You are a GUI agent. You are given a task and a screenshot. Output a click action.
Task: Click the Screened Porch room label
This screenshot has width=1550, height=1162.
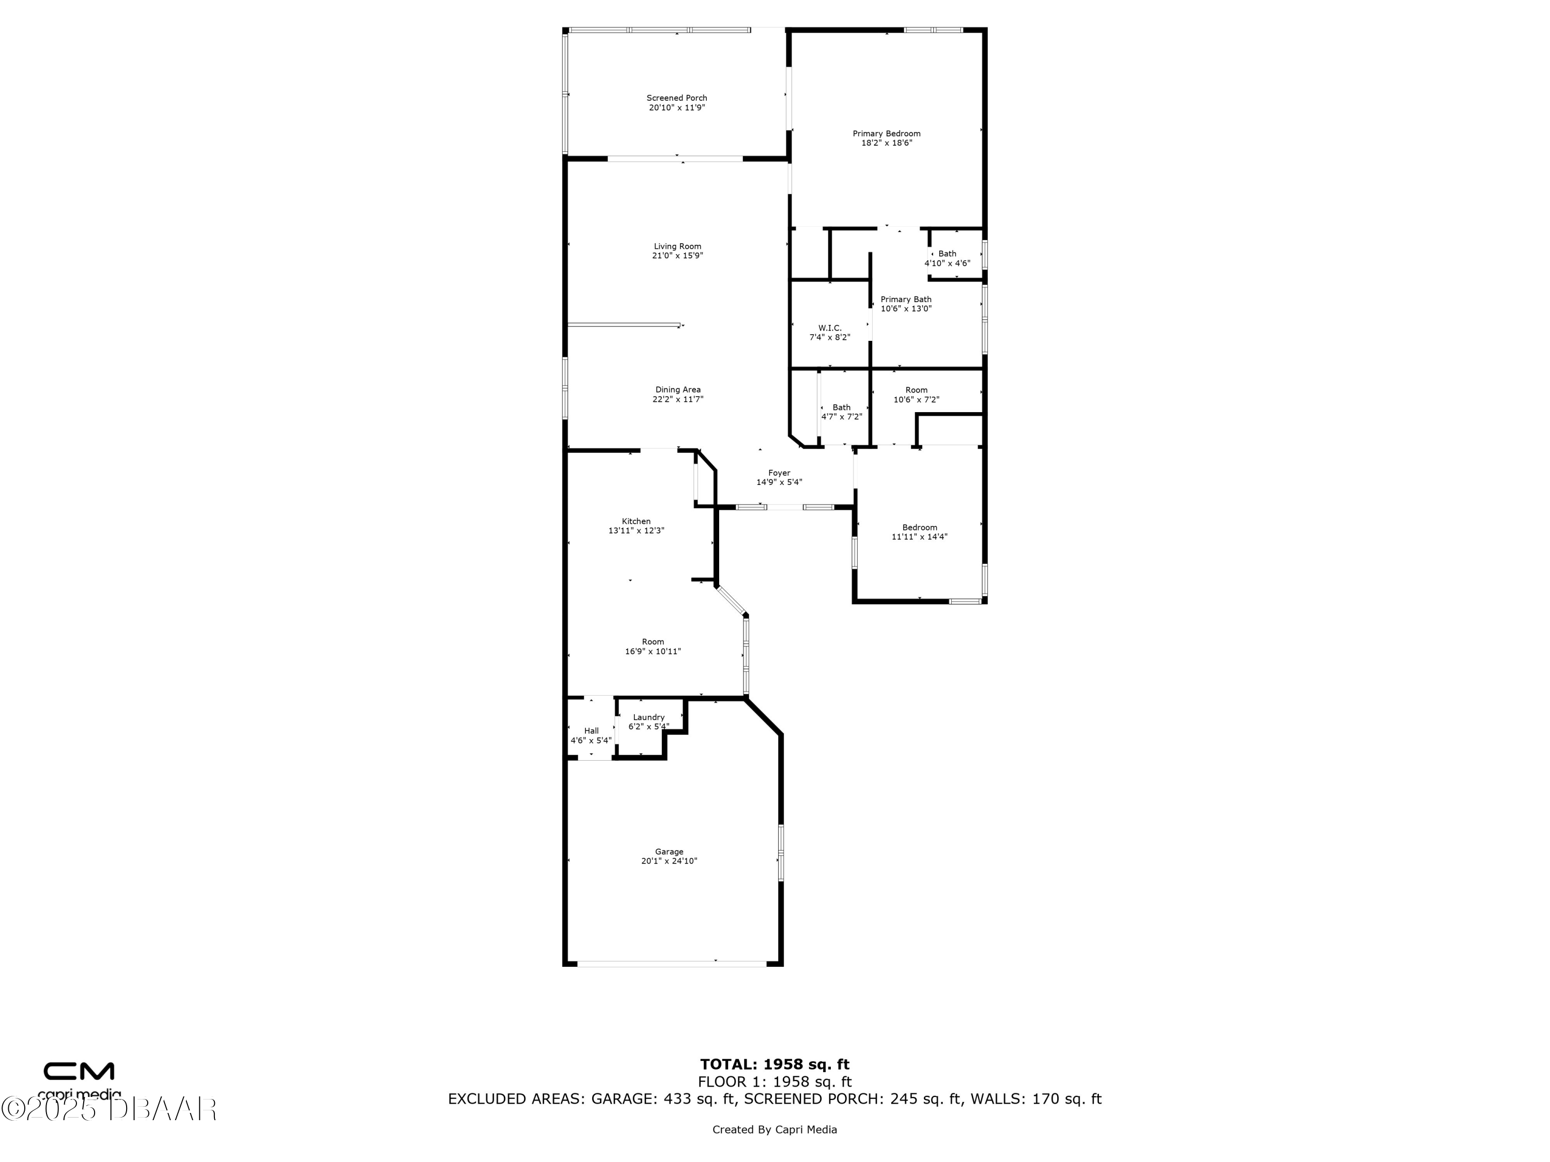click(x=676, y=98)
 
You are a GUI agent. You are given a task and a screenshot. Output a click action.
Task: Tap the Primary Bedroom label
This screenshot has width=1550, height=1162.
click(x=887, y=134)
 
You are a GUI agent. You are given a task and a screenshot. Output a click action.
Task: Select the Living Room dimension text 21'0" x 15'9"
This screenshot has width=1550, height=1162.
click(x=677, y=256)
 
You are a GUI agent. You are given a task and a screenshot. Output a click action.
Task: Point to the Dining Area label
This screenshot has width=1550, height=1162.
click(x=677, y=389)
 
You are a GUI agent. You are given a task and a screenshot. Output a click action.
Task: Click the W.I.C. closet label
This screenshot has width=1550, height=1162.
click(x=830, y=328)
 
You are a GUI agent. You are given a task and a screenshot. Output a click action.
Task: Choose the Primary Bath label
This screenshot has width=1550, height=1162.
click(x=906, y=299)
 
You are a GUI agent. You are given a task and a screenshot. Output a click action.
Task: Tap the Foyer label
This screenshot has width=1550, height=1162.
click(x=779, y=473)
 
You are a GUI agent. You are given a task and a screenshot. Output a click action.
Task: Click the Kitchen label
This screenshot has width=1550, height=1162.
click(x=636, y=521)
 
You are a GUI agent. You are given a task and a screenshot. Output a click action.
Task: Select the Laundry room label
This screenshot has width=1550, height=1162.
click(x=648, y=717)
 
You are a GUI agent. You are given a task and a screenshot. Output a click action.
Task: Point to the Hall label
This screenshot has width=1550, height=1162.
click(x=592, y=731)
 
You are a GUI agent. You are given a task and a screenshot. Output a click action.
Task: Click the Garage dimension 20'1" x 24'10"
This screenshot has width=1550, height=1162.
click(x=669, y=861)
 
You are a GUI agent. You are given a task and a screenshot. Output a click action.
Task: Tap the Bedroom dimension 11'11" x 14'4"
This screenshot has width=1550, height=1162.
click(x=919, y=537)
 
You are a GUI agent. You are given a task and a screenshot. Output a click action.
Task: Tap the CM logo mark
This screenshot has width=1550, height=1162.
click(x=79, y=1071)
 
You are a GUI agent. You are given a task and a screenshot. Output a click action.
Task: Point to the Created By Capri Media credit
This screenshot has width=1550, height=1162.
click(x=774, y=1129)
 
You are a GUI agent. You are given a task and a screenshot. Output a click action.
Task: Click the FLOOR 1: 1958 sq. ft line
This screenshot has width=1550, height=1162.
click(x=774, y=1082)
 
